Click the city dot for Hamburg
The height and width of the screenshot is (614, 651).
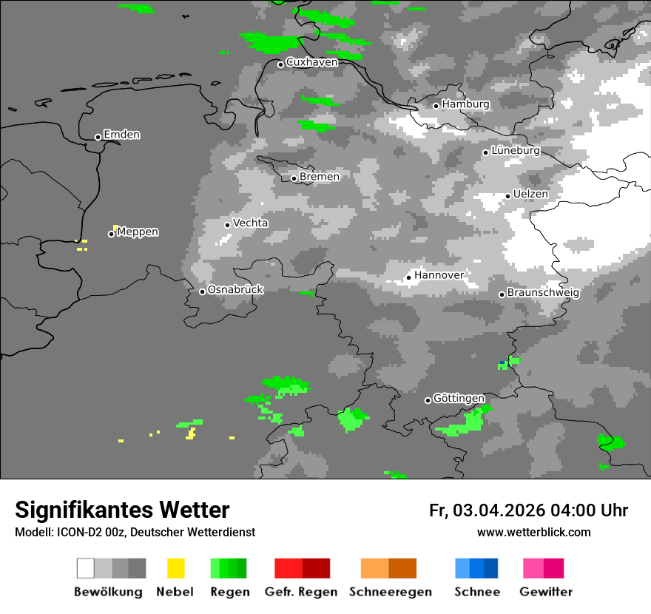(x=436, y=106)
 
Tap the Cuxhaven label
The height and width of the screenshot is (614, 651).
(x=311, y=62)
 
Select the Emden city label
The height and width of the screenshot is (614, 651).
(x=121, y=135)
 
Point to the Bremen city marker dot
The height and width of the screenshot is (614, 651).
(x=294, y=178)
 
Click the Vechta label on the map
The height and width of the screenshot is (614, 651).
(x=251, y=223)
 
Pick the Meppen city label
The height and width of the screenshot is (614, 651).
(x=138, y=232)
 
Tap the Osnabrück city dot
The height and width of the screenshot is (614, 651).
(x=202, y=291)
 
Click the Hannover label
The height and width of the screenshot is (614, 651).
(x=439, y=275)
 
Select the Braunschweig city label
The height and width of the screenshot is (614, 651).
(x=543, y=292)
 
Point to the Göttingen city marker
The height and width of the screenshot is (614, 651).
(x=428, y=400)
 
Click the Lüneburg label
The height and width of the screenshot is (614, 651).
(x=516, y=150)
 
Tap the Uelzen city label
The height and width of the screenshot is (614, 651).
(x=531, y=194)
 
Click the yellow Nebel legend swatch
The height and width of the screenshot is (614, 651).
(x=175, y=568)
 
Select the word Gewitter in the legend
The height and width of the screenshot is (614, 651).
(x=546, y=592)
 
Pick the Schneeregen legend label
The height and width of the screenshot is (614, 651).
(x=391, y=592)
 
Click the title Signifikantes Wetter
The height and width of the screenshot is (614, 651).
(x=122, y=510)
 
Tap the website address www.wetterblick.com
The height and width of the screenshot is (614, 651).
(x=534, y=532)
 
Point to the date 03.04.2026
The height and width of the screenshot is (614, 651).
(x=499, y=510)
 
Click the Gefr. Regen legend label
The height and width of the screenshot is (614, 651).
(x=301, y=592)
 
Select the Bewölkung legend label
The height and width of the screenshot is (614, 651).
(x=108, y=592)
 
